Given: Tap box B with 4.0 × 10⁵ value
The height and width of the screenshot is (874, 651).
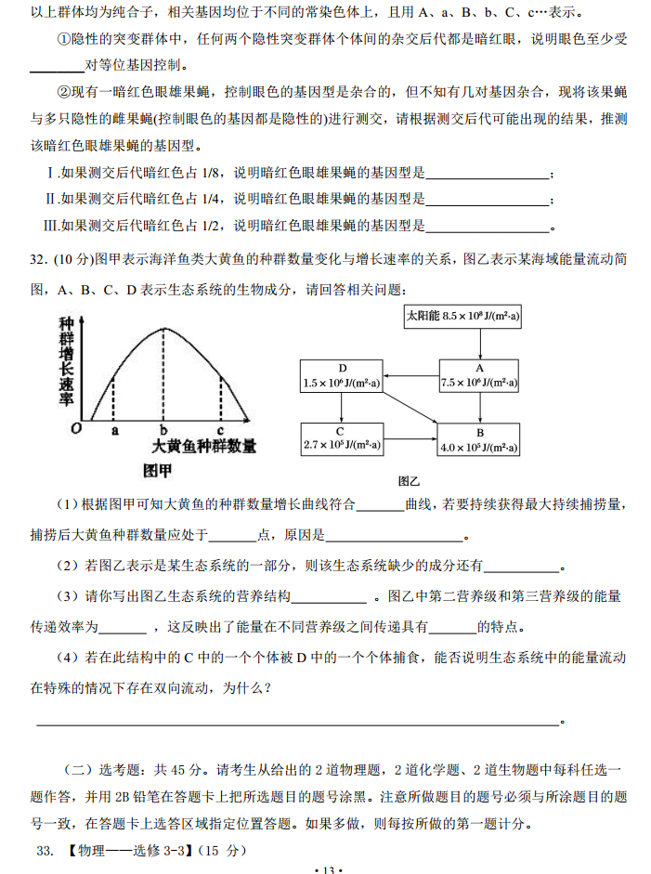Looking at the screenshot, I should tap(479, 439).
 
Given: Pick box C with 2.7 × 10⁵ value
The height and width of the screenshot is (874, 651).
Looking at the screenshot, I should tap(341, 438).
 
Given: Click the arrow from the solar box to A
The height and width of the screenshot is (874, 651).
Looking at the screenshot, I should tap(479, 345).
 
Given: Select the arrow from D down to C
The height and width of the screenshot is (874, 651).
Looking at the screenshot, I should tap(341, 407).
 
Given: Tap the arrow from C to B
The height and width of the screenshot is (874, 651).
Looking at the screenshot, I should tap(410, 439).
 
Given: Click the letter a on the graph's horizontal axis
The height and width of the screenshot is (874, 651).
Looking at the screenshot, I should tap(114, 430).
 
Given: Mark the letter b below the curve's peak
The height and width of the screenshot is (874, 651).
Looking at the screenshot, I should tap(163, 430).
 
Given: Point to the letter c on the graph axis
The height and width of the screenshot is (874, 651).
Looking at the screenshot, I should tap(220, 430).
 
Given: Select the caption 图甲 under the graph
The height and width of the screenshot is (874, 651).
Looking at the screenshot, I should tap(158, 469).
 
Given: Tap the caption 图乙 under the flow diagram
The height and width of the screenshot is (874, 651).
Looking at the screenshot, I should tap(410, 481).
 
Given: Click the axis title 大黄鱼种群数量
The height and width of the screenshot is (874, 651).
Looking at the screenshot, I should tap(204, 447).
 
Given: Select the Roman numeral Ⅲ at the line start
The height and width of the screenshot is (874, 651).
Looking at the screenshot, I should tap(51, 225).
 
